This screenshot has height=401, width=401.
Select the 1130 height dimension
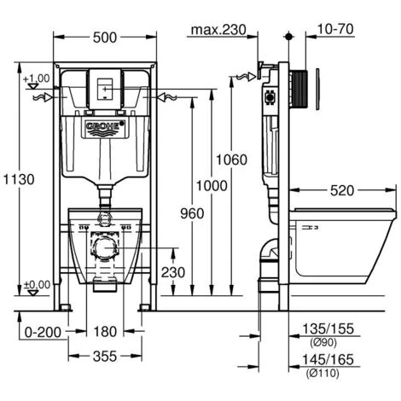17,180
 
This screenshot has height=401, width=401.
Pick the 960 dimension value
192,213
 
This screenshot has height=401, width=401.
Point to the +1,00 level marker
37,79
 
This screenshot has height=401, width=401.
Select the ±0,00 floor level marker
36,285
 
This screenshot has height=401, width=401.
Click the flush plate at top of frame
104,86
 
